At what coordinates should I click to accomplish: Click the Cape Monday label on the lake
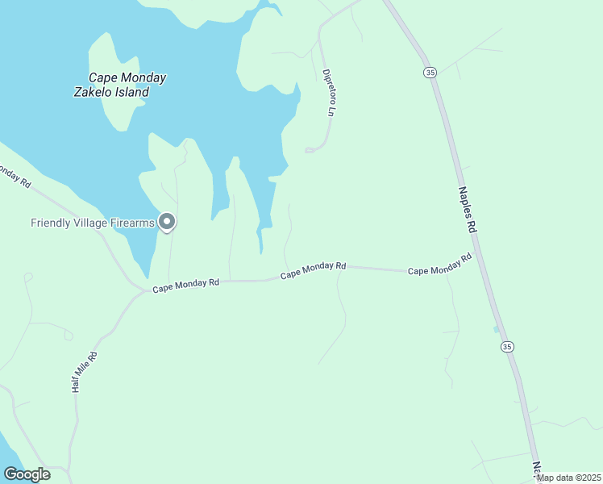pos(127,77)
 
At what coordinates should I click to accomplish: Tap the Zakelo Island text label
pos(111,92)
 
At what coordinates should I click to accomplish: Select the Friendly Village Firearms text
pos(92,223)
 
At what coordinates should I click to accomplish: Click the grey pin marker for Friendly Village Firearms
pos(167,221)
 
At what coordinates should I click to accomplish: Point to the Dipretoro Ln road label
pos(328,93)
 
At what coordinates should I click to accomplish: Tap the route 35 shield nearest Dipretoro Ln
pos(430,73)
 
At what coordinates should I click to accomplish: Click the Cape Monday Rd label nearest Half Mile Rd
pos(186,285)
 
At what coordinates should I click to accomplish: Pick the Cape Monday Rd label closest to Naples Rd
pos(439,265)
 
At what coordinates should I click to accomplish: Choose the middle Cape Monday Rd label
pos(313,270)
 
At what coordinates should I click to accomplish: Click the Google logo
pos(27,474)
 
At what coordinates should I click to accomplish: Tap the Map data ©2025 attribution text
pos(568,478)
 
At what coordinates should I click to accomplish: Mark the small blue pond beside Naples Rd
pos(495,329)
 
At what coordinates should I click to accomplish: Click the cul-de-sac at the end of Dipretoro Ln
pos(309,150)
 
